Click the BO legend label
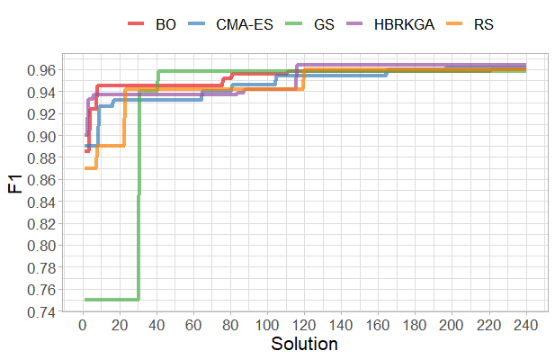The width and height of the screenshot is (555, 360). pos(166,25)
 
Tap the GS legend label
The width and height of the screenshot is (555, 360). pos(326,25)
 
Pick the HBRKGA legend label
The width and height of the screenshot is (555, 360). pos(407,25)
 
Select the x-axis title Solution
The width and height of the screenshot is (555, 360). pos(304,345)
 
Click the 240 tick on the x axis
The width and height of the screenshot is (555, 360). pos(525,326)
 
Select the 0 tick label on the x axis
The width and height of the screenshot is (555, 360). pos(83,326)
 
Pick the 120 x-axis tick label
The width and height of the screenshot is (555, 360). pos(304,326)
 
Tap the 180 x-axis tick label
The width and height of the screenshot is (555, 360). pos(415,326)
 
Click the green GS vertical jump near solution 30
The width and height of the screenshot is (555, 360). pos(139,225)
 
